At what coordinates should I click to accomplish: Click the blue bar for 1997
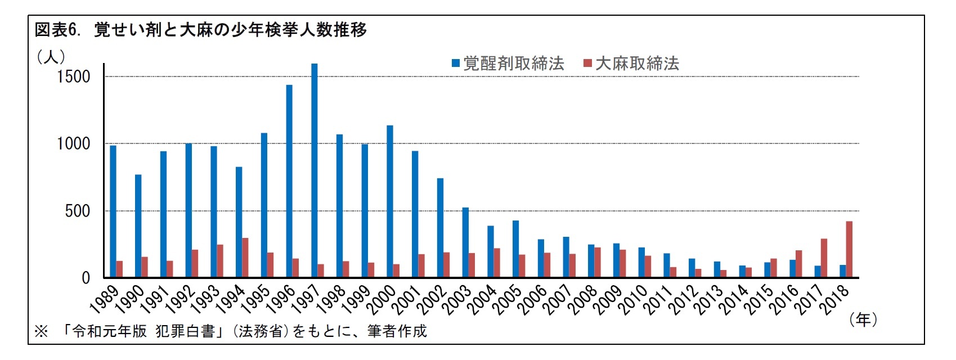click(314, 170)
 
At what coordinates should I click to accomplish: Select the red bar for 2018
click(849, 249)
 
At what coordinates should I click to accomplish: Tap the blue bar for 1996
click(289, 181)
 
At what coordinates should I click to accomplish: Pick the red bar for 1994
click(245, 258)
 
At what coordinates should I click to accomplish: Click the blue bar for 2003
click(465, 242)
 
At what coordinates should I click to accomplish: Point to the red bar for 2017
click(824, 258)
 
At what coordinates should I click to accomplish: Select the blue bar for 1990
click(138, 226)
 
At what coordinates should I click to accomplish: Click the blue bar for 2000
click(390, 201)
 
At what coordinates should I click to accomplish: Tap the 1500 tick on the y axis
click(73, 77)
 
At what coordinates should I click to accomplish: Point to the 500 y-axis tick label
click(77, 211)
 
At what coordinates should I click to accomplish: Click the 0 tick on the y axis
click(86, 278)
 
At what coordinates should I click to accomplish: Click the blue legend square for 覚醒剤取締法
click(456, 64)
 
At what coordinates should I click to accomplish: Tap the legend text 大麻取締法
click(637, 64)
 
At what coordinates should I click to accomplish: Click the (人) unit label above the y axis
click(51, 57)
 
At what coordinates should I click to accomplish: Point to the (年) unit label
click(863, 319)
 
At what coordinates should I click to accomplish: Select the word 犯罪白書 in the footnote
click(185, 331)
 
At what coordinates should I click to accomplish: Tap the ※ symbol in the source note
click(41, 331)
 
